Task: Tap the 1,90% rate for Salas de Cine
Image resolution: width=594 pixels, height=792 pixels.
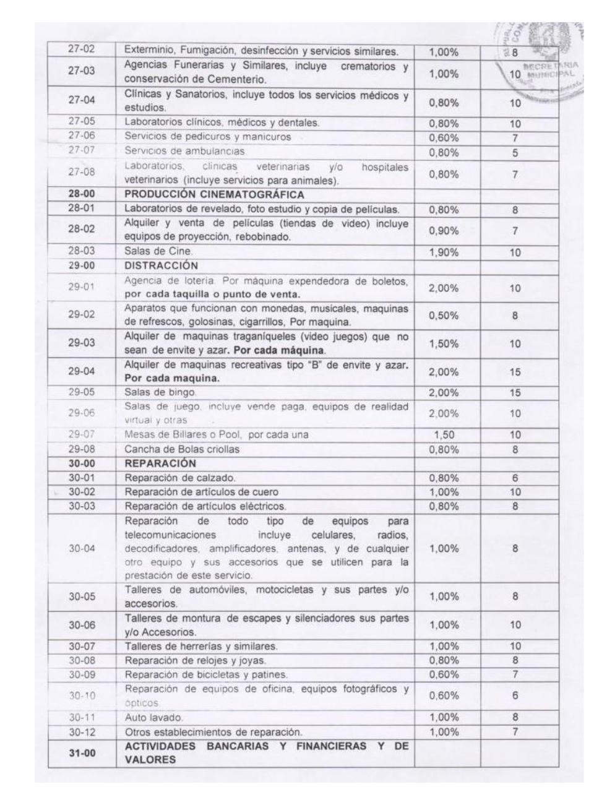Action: coord(444,252)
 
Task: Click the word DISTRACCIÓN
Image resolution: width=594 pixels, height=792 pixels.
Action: coord(161,266)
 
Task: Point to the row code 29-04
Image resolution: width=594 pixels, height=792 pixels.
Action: coord(80,372)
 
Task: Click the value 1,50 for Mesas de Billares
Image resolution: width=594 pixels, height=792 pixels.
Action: coord(444,435)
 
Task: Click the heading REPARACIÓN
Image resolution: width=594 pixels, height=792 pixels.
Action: coord(160,463)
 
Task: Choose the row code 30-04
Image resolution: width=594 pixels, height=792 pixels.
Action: coord(80,548)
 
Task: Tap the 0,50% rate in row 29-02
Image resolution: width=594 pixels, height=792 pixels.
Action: coord(444,316)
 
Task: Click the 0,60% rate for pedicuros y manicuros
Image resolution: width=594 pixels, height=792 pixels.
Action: coord(444,138)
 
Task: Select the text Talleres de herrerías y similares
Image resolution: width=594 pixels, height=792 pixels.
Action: coord(201,647)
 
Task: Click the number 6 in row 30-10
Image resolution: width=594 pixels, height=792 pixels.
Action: coord(515,695)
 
